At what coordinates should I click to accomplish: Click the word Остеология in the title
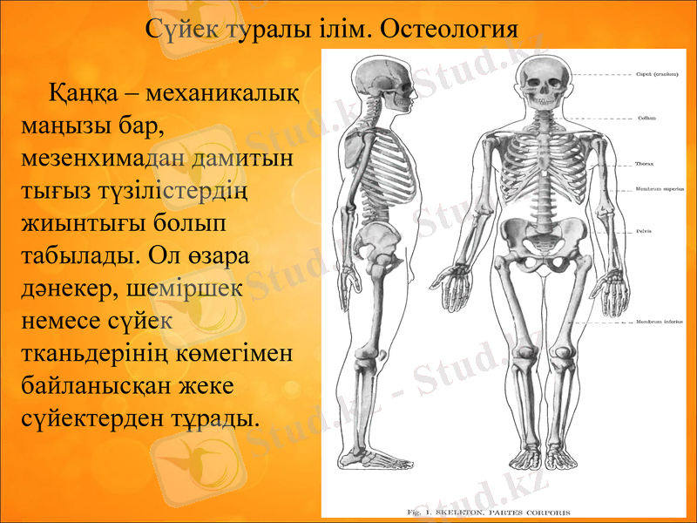(x=450, y=28)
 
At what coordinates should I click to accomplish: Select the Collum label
(x=646, y=118)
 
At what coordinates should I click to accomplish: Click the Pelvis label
(x=645, y=231)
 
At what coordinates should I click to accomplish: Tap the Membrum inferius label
(x=659, y=323)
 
